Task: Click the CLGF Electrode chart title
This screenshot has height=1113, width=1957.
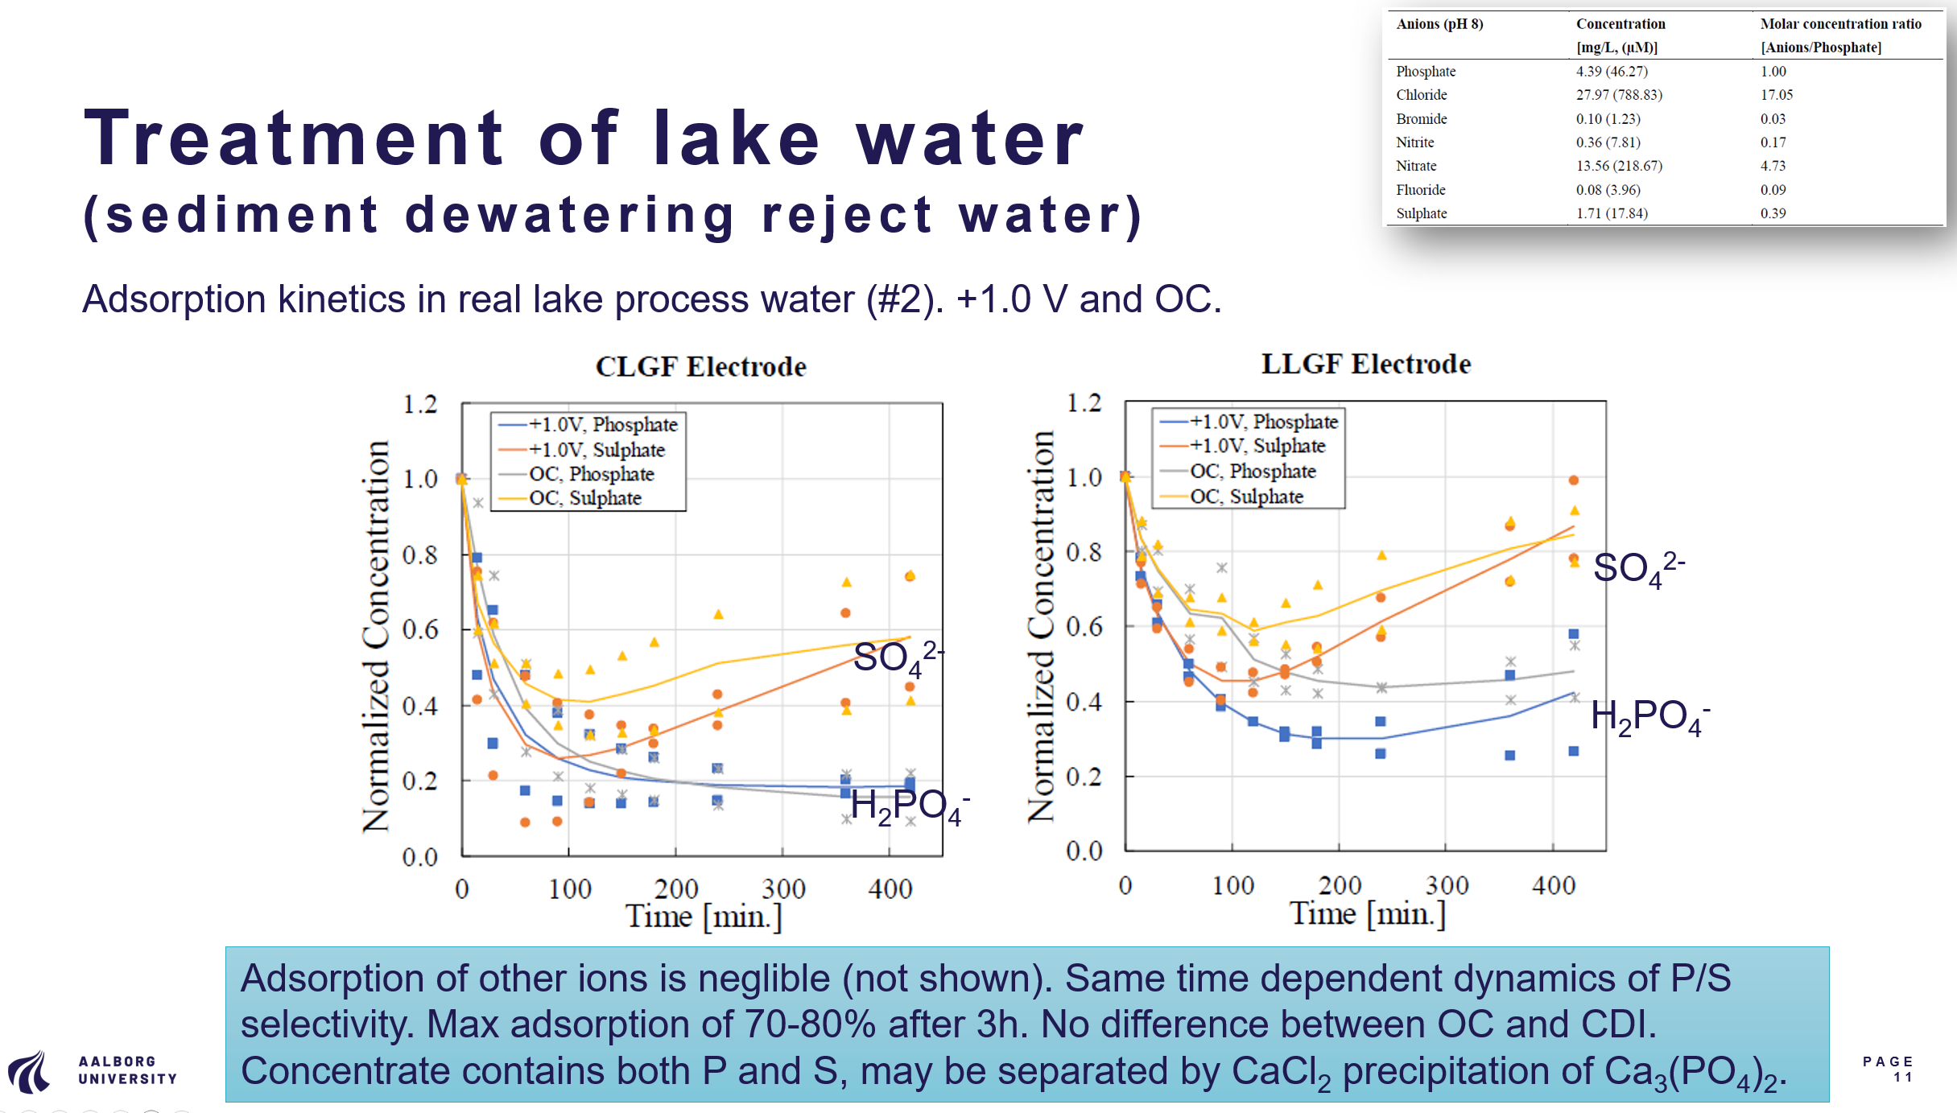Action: click(x=700, y=367)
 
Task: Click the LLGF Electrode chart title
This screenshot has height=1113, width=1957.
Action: click(x=1365, y=364)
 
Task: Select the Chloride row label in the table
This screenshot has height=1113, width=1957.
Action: click(x=1421, y=95)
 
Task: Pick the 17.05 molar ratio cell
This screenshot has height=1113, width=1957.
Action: click(x=1776, y=95)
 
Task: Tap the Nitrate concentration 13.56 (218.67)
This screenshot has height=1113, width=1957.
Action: click(x=1618, y=166)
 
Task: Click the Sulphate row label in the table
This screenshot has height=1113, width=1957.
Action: click(x=1421, y=213)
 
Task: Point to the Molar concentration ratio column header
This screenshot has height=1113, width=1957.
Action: click(x=1840, y=24)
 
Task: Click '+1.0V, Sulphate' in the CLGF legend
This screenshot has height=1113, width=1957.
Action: click(x=596, y=450)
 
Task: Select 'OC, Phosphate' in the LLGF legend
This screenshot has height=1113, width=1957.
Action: click(x=1253, y=471)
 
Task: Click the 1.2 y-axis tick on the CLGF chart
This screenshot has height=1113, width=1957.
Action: click(x=419, y=404)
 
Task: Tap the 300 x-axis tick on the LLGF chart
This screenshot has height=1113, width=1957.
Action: click(x=1447, y=885)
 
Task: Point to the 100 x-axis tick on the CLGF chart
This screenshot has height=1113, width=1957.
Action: click(x=569, y=889)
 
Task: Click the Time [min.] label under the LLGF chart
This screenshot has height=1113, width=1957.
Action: click(x=1367, y=914)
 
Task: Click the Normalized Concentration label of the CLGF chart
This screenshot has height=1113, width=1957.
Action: click(x=376, y=636)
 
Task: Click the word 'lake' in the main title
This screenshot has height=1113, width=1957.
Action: click(x=736, y=138)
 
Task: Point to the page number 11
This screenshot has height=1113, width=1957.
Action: click(x=1902, y=1077)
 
